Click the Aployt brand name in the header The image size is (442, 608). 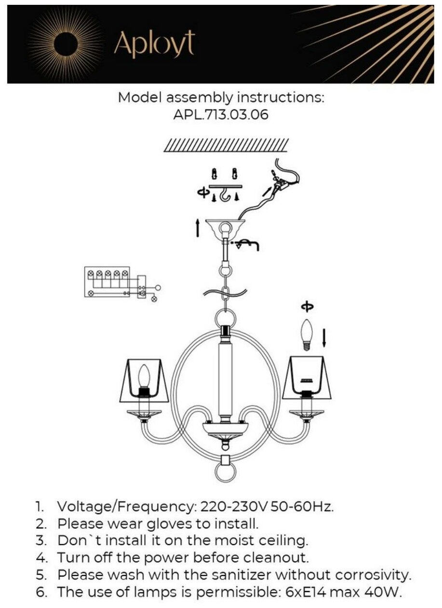pyautogui.click(x=154, y=44)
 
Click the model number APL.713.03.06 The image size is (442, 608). pyautogui.click(x=221, y=115)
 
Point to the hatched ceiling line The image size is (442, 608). pyautogui.click(x=226, y=145)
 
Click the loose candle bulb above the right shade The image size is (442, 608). pyautogui.click(x=307, y=333)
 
